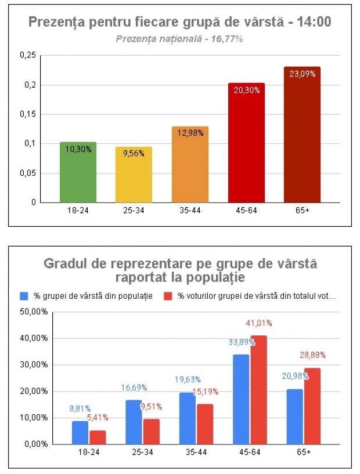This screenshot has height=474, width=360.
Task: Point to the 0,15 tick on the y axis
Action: pos(28,114)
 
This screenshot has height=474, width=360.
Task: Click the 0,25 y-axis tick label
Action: pos(28,55)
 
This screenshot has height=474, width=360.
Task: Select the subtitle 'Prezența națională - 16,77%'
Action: pos(179,39)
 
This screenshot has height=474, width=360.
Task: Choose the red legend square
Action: pos(167,296)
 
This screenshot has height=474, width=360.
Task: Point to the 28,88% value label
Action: pos(313,354)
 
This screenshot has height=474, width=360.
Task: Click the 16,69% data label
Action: pos(134,388)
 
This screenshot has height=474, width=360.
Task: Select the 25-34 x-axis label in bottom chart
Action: pos(142,451)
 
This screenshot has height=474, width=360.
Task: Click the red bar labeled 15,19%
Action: pos(206,424)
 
